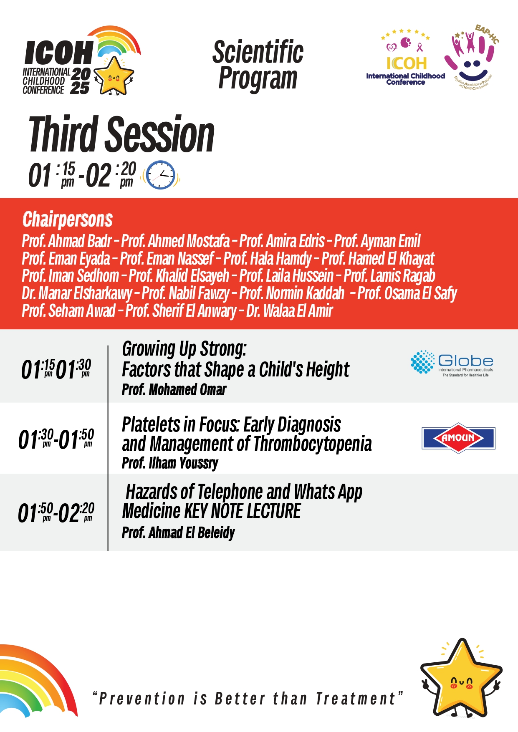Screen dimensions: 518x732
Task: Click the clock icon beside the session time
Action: point(161,175)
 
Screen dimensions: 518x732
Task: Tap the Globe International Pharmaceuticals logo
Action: point(452,363)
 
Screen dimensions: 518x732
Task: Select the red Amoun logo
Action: point(458,438)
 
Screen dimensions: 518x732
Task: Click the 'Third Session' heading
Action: point(121,134)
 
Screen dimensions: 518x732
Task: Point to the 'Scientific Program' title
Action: point(258,65)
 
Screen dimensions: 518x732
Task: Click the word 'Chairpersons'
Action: point(68,220)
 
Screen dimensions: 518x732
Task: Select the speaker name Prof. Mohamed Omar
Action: point(174,390)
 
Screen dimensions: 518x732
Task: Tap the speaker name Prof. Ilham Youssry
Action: point(170,463)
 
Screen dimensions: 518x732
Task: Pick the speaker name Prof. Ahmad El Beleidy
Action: point(178,533)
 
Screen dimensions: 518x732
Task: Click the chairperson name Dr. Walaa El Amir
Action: point(290,311)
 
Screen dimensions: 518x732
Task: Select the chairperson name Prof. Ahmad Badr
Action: point(67,241)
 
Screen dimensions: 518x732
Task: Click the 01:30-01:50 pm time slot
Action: point(56,439)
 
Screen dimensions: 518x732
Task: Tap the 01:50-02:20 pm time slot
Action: point(56,512)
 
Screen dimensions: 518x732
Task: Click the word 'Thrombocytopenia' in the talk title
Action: point(313,444)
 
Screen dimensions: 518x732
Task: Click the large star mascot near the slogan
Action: point(461,678)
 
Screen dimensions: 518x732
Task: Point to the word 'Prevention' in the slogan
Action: point(142,699)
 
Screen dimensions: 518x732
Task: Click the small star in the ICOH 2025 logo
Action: point(114,76)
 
